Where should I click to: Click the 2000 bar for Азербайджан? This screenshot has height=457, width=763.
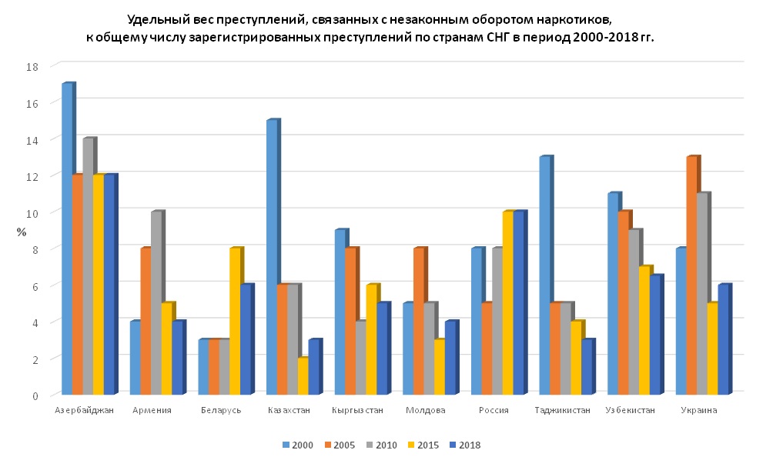67,239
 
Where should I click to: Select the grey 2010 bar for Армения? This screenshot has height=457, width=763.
156,303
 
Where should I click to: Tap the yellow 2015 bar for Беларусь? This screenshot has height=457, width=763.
235,322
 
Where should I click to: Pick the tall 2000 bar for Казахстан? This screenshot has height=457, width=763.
272,257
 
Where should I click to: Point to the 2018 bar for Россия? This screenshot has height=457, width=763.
519,303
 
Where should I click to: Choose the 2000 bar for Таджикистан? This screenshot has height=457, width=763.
544,275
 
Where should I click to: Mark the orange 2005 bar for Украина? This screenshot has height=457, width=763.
691,275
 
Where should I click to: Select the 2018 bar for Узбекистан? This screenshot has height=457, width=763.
654,335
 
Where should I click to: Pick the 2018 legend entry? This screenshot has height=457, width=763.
469,445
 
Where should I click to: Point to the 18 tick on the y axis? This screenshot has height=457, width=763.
32,66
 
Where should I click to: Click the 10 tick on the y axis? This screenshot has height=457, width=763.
32,212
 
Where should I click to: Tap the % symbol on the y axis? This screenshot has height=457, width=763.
22,231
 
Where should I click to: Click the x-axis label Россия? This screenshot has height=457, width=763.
494,410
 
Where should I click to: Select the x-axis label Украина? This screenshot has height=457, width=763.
698,410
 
